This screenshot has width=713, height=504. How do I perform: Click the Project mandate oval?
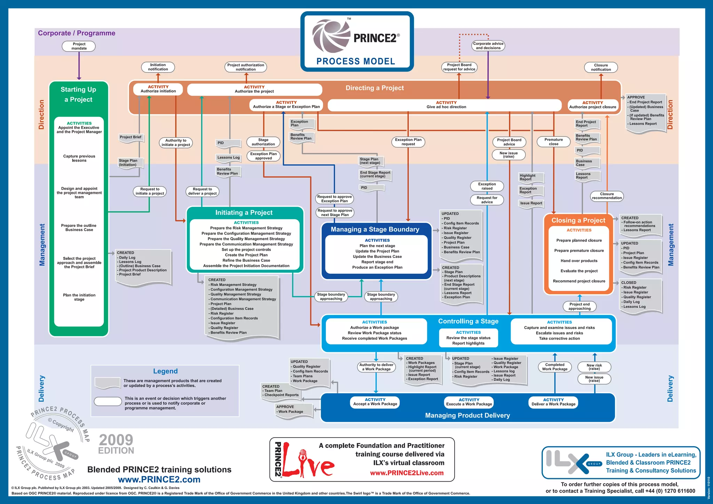[x=79, y=46]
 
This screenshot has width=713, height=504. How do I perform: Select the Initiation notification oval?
[x=158, y=67]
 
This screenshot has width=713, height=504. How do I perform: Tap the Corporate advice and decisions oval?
[x=488, y=46]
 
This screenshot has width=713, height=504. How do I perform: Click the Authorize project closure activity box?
[x=593, y=105]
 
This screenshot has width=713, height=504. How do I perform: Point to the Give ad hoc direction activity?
[x=446, y=105]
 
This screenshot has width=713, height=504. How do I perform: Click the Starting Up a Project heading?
[x=79, y=94]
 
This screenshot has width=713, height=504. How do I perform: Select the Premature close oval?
[x=553, y=142]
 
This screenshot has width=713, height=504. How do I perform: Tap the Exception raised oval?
[x=487, y=186]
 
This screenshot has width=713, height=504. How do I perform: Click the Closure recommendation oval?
[x=606, y=196]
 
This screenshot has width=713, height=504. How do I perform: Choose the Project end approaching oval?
[x=579, y=306]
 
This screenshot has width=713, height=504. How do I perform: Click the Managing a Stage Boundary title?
[x=375, y=229]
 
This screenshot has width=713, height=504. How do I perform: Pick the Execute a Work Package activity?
[x=469, y=402]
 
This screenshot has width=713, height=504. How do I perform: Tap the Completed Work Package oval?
[x=555, y=367]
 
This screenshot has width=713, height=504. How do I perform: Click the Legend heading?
[x=165, y=371]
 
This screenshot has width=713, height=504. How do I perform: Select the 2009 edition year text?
[x=116, y=440]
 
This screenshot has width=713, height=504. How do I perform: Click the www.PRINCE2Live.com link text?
[x=407, y=473]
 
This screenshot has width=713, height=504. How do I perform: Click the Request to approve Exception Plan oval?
[x=334, y=199]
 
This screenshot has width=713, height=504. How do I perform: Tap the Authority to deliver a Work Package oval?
[x=376, y=367]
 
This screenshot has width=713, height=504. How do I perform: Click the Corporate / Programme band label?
[x=77, y=33]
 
